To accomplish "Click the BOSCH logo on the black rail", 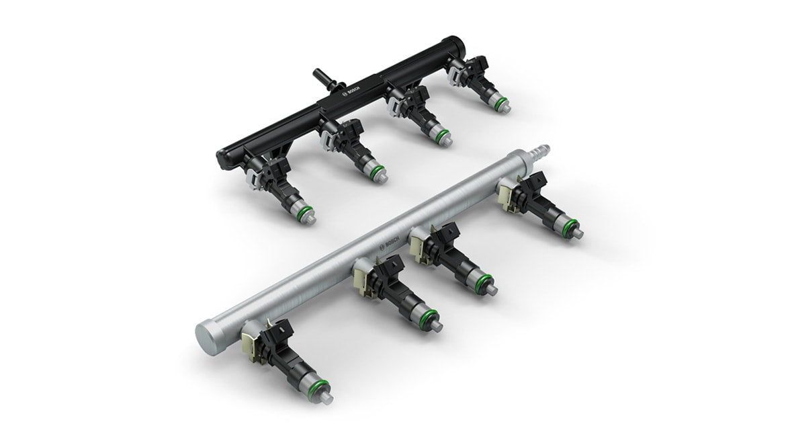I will tap(351, 94).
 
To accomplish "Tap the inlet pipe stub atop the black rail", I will tap(324, 79).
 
